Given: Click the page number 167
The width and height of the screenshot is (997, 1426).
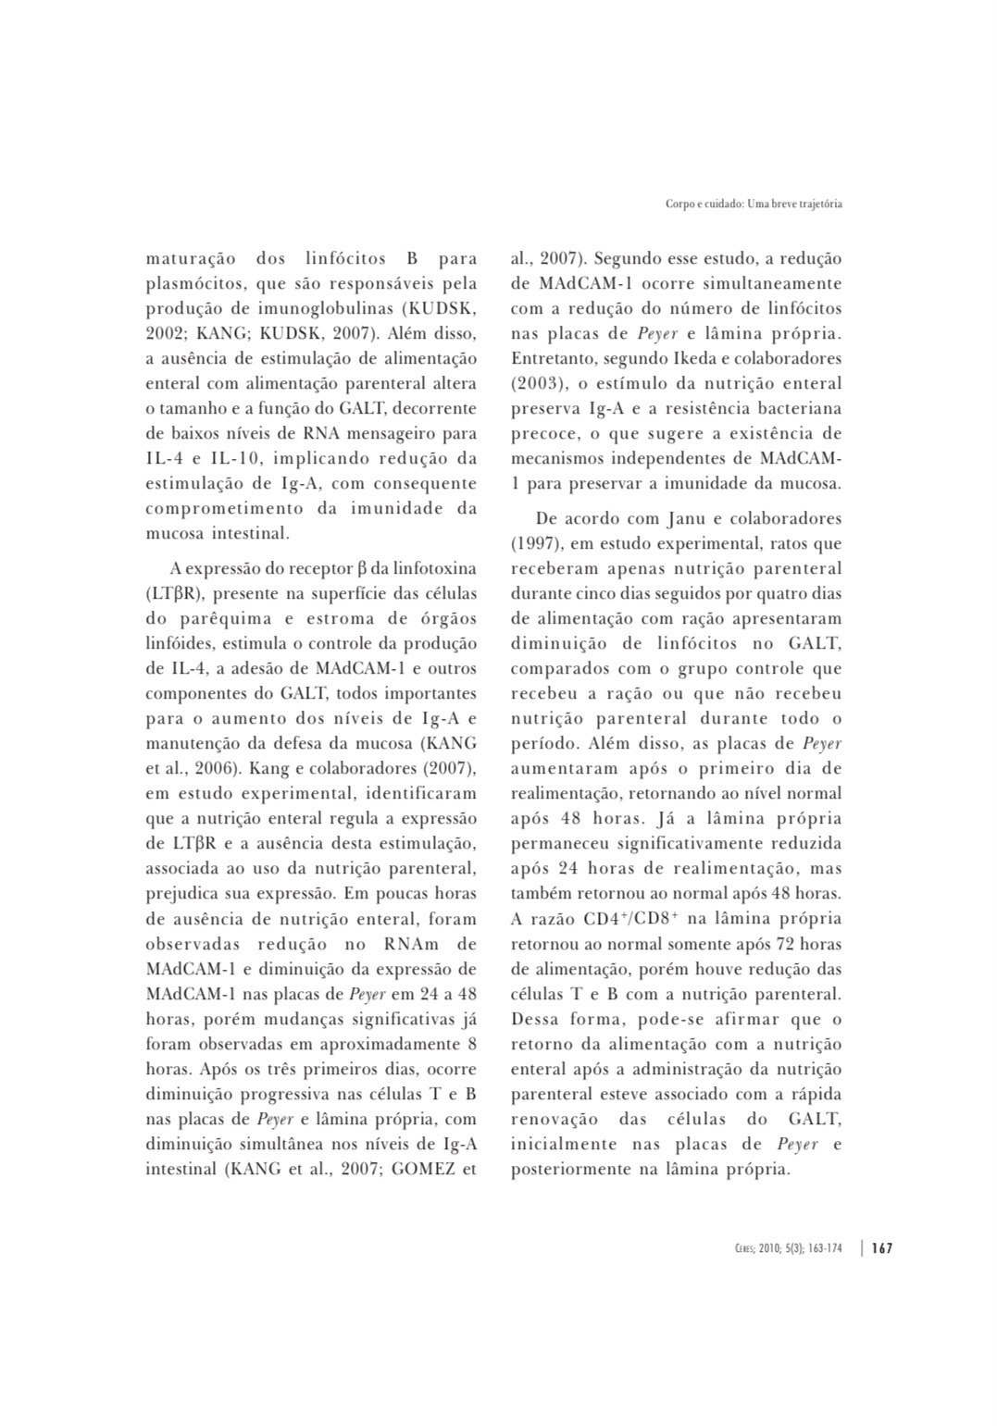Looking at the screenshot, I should [882, 1248].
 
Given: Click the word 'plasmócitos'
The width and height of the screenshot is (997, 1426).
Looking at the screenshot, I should [190, 284].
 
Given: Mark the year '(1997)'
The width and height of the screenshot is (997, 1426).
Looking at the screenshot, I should [536, 544].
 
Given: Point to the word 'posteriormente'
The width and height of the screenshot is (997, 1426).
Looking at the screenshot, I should [568, 1169].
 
